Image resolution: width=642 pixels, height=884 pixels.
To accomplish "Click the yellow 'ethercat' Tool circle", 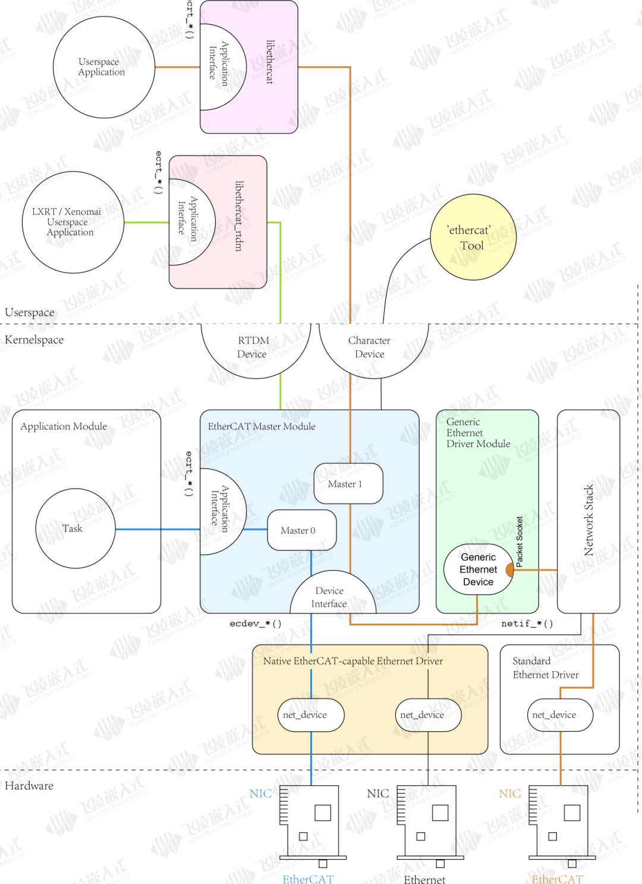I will (473, 237).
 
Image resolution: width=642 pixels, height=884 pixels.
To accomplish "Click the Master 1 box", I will (348, 484).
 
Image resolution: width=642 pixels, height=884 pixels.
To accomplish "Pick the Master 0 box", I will (301, 530).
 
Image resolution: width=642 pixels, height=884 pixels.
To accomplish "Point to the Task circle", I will (75, 528).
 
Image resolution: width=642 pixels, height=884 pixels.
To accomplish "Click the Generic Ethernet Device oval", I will (477, 570).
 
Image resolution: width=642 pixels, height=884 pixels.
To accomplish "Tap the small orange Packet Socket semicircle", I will (510, 570).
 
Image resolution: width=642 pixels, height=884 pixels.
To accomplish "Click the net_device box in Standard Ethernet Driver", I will (559, 715).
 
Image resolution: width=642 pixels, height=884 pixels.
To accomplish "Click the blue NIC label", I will (260, 794).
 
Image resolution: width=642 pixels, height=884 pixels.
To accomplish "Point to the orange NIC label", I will (509, 794).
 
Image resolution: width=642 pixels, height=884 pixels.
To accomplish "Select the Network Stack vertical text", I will (588, 520).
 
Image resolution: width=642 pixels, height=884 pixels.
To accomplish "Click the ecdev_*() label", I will (256, 624).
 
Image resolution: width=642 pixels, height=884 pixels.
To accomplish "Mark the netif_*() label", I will (527, 624).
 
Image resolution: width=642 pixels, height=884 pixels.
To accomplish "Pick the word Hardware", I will (29, 786).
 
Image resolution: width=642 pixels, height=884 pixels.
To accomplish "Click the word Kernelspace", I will (34, 340).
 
